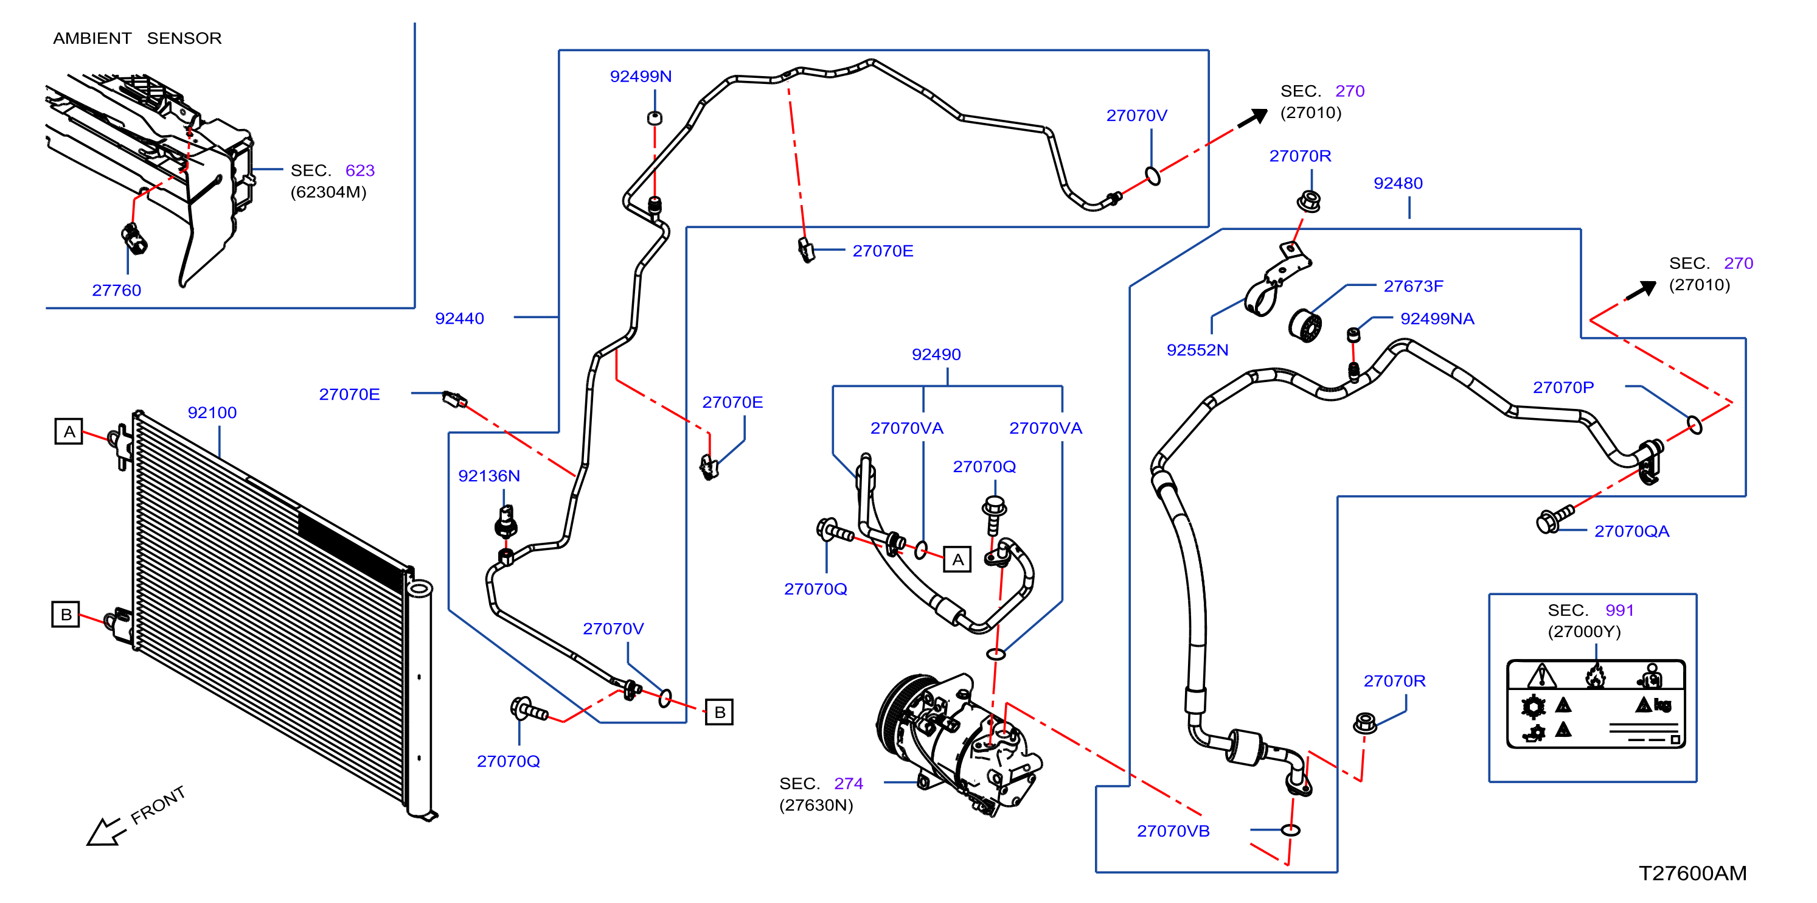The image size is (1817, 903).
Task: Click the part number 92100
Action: tap(212, 413)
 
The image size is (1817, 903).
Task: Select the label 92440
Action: tap(459, 318)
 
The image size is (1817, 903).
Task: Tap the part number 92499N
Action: tap(641, 76)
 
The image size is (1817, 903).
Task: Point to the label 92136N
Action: tap(489, 476)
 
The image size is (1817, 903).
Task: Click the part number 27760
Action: tap(116, 290)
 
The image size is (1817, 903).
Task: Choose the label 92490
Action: tap(936, 354)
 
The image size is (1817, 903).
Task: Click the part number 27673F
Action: tap(1413, 286)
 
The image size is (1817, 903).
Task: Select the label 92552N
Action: tap(1197, 350)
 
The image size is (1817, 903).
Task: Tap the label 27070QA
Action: tap(1631, 531)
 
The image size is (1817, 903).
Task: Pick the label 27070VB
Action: tap(1173, 831)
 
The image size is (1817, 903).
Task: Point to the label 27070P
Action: tap(1563, 387)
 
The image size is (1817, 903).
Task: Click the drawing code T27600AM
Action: tap(1692, 873)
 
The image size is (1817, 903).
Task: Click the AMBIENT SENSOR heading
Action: tap(137, 38)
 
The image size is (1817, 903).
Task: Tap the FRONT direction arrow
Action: tap(106, 831)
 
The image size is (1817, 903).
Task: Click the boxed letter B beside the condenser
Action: tap(66, 615)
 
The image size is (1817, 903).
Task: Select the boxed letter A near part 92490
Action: tap(957, 559)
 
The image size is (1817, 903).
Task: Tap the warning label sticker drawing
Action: tap(1596, 703)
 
